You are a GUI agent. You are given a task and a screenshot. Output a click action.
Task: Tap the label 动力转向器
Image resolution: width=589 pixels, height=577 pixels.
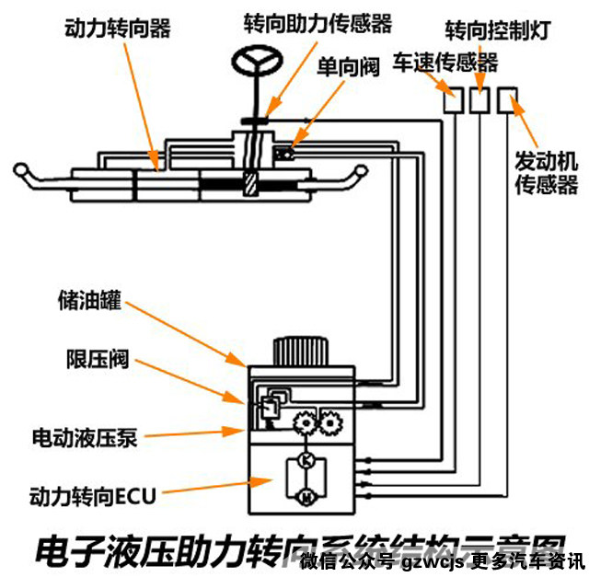(x=118, y=29)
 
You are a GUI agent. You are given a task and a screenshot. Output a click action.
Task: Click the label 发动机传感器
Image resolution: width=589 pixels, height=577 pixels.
(x=545, y=174)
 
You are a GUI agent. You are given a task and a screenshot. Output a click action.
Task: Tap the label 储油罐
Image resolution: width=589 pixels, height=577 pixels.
(x=88, y=302)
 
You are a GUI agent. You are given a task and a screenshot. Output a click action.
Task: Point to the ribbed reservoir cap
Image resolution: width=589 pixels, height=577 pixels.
(x=299, y=352)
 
